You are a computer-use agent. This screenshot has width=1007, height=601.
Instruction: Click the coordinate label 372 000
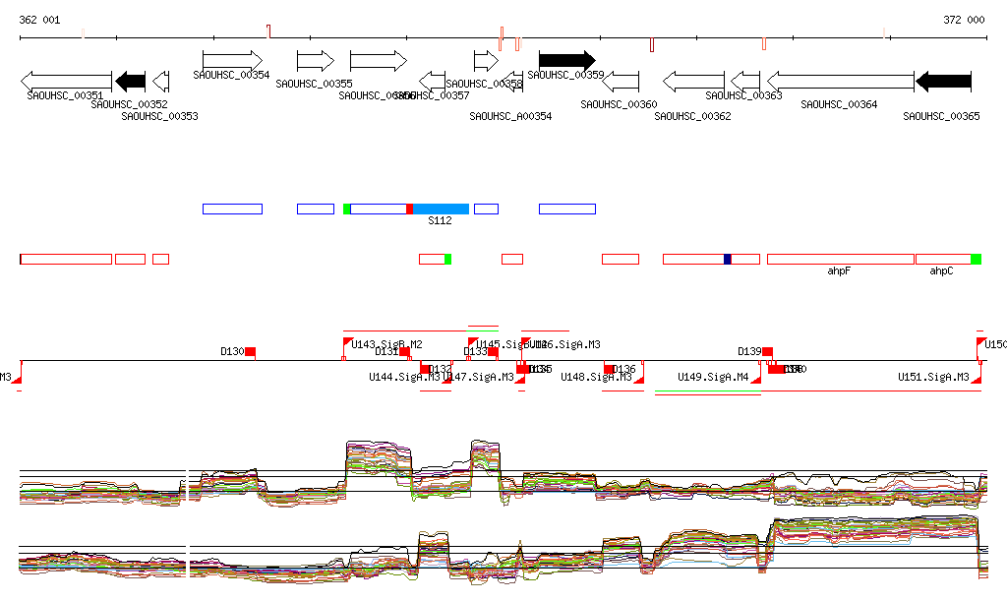tap(964, 20)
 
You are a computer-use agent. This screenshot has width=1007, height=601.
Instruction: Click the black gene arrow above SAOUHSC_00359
tap(566, 60)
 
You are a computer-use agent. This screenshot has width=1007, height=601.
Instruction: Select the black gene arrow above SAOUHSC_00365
tap(943, 81)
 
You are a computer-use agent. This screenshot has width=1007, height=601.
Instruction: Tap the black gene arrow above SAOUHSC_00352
tap(130, 81)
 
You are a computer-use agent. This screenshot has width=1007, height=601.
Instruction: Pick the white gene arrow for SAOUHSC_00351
tap(66, 81)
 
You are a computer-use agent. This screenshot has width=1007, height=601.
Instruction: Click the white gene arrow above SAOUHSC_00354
tap(232, 60)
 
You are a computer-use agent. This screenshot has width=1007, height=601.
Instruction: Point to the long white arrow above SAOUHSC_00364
tap(840, 81)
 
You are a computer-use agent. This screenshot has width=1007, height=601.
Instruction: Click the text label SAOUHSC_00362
tap(693, 116)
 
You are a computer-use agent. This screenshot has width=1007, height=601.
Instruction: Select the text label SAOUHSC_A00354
tap(510, 116)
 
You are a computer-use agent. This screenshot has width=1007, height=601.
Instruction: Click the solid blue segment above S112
tap(441, 209)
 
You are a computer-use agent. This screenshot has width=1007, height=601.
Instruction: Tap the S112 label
tap(440, 221)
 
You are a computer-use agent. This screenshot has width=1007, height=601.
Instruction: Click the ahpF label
tap(839, 270)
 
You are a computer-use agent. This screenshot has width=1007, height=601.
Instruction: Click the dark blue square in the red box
tap(728, 259)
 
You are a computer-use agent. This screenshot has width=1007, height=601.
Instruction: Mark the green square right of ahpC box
tap(977, 259)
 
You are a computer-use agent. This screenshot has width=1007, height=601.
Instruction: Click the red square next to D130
tap(251, 351)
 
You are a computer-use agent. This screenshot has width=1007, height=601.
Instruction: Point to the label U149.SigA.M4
tap(713, 377)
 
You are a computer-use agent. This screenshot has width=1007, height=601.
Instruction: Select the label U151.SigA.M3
tap(933, 377)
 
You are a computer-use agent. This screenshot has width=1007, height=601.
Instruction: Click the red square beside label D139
tap(768, 351)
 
